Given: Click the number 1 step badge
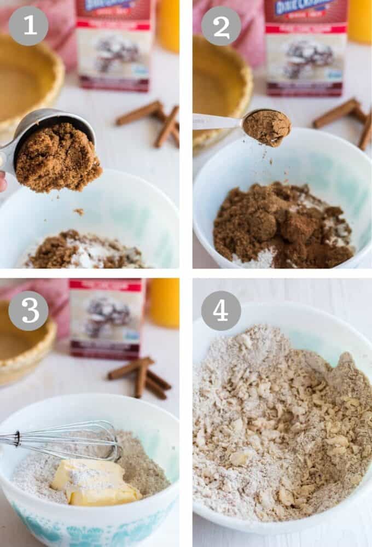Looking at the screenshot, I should (28, 26).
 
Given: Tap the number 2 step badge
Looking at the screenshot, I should (221, 26).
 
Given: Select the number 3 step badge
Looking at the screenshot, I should (28, 310).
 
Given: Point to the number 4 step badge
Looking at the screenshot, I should (221, 310).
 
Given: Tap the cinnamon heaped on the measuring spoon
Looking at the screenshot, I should (267, 127).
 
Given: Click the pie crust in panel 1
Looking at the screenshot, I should (27, 82).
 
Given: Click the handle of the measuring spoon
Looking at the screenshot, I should (216, 121).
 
